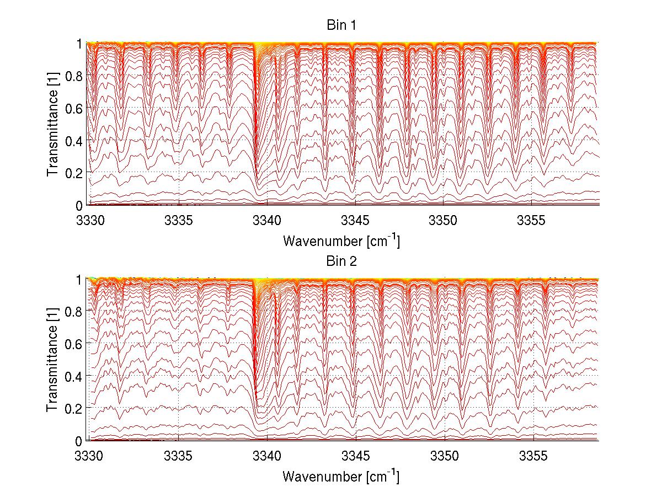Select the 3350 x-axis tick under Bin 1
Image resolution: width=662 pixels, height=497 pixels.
pos(444,221)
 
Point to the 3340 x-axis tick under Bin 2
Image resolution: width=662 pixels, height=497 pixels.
pos(267,457)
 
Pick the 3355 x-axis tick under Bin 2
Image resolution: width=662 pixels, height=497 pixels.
pos(532,457)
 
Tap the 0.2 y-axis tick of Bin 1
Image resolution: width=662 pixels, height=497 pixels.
pos(75,173)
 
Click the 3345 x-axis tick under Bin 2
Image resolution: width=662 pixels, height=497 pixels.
pos(355,457)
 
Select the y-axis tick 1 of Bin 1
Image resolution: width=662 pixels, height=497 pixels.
pos(79,44)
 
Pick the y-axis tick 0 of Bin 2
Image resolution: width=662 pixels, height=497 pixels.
pos(79,441)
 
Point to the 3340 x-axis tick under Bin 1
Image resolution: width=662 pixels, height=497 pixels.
pos(267,221)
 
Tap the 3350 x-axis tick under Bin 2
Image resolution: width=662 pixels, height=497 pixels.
pos(444,457)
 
